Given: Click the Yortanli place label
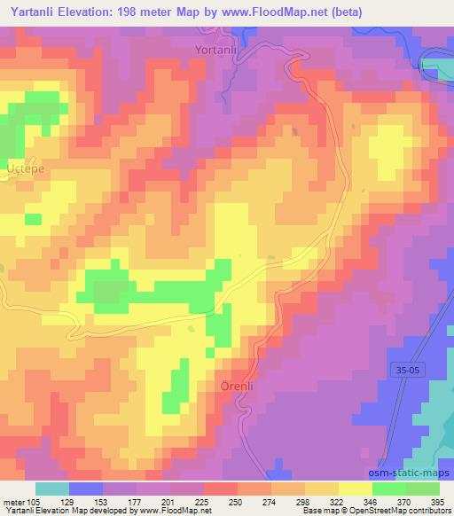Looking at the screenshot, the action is (x=215, y=51).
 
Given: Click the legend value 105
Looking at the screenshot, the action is (x=28, y=501).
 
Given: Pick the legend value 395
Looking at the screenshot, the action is (x=440, y=501).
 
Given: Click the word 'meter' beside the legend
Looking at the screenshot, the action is (x=12, y=501).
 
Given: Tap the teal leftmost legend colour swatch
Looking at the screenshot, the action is (x=52, y=489).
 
